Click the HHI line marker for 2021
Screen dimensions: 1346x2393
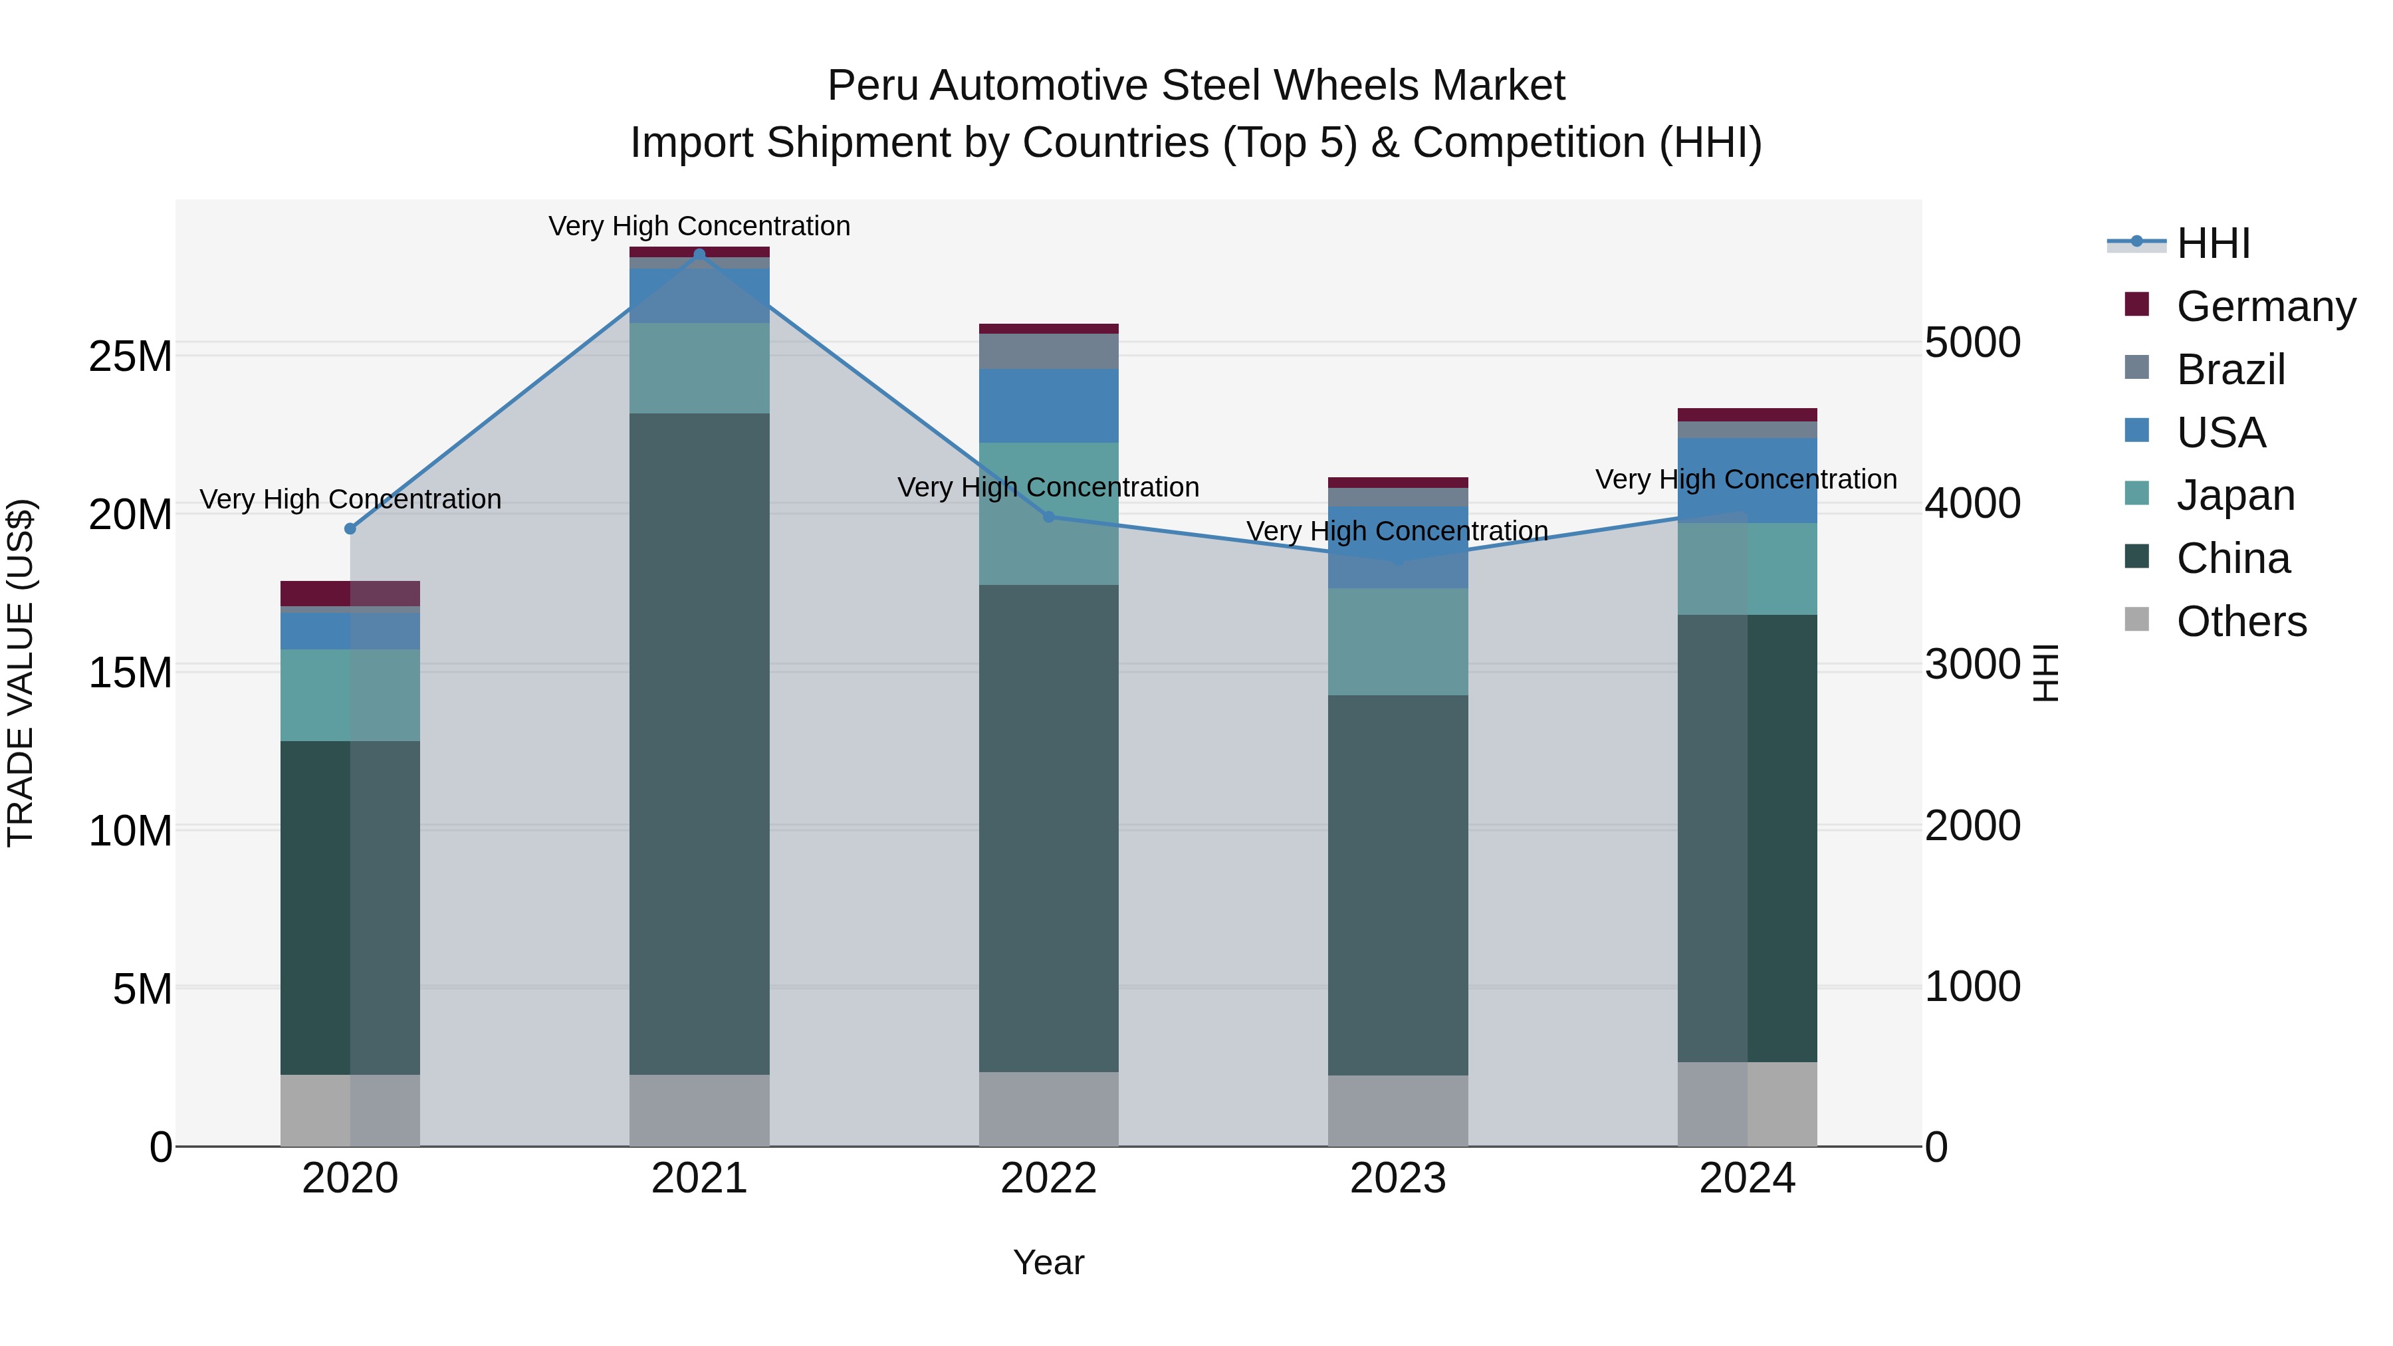pos(699,255)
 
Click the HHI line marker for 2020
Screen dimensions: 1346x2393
pos(350,528)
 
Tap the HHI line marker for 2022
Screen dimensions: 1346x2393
pos(1049,516)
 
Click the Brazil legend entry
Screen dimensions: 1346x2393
pos(2229,370)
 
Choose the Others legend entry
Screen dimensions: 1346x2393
pos(2241,621)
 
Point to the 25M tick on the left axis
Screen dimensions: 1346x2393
pos(130,357)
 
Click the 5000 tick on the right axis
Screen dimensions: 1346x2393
pos(1972,343)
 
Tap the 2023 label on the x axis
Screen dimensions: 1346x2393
pos(1397,1178)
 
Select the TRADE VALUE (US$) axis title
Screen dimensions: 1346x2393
pos(21,673)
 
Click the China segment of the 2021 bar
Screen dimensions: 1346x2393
pos(699,743)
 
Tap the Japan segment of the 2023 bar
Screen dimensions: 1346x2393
pos(1397,641)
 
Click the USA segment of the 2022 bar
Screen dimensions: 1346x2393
pos(1049,406)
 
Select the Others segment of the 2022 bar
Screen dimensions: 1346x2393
pos(1049,1109)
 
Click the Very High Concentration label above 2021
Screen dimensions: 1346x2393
pos(699,227)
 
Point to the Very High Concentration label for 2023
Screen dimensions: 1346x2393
pos(1397,531)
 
